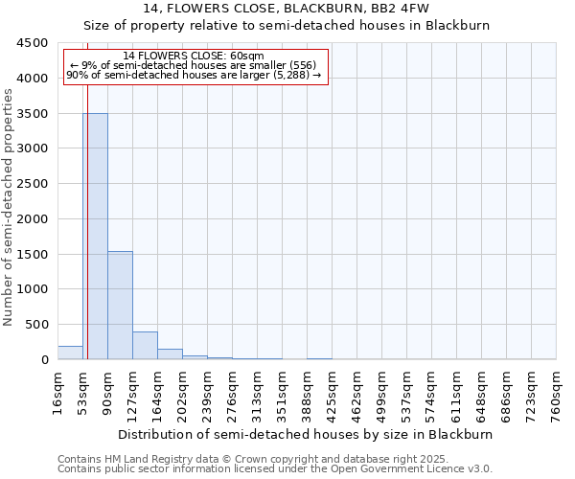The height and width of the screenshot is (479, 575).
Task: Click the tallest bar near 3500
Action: [95, 236]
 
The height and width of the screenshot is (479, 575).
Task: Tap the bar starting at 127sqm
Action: [145, 345]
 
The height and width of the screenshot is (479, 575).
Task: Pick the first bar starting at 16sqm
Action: [70, 353]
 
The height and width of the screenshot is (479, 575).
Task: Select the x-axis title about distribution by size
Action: [306, 434]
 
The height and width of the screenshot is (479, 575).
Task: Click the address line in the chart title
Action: [287, 9]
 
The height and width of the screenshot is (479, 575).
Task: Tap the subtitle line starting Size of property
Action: [287, 26]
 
